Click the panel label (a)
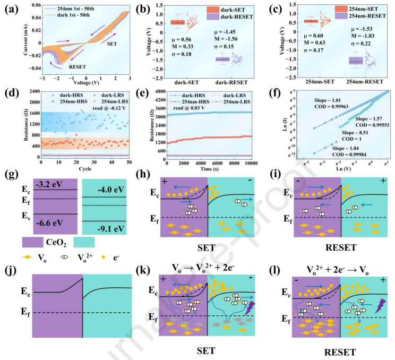(x=11, y=9)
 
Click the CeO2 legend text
(x=57, y=243)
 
